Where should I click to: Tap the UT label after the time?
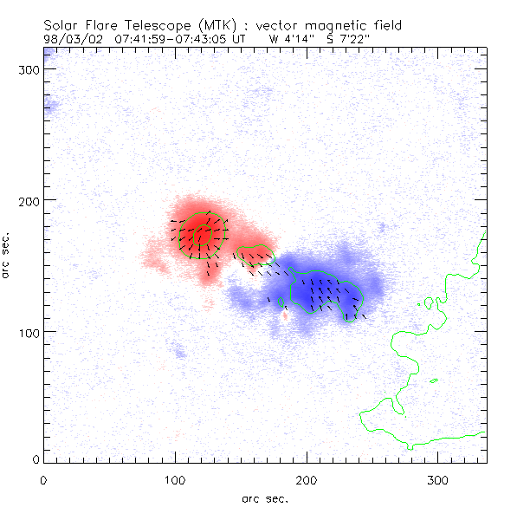pos(240,38)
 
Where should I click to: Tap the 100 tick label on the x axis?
pos(175,479)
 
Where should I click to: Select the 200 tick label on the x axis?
pos(307,479)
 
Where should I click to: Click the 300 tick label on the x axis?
pos(438,479)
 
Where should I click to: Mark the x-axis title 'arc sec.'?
pos(265,497)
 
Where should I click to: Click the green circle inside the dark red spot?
pos(202,234)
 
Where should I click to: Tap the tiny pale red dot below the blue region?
pos(285,316)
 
